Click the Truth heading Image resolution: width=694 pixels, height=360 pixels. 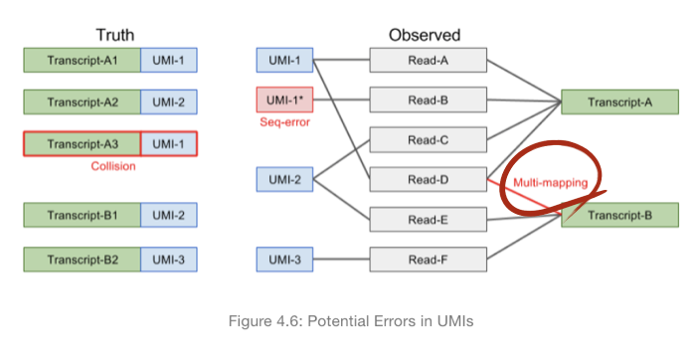coord(114,35)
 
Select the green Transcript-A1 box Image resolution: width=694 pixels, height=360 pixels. coord(83,61)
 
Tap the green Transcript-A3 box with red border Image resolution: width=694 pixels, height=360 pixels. coord(83,143)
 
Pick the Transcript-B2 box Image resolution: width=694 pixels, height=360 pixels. coord(83,261)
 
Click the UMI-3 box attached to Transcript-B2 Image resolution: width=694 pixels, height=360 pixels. coord(168,261)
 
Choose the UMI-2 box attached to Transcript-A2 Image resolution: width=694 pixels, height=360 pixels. coord(168,101)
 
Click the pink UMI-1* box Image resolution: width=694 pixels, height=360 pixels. coord(284,100)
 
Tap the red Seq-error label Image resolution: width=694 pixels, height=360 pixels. coord(284,122)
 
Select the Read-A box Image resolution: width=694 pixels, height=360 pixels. coord(429,61)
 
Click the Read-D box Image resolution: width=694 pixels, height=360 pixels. coord(429,180)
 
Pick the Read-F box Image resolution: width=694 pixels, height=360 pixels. coord(429,261)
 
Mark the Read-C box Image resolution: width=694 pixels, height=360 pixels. coord(429,140)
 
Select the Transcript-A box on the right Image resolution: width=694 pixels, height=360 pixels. coord(619,101)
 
